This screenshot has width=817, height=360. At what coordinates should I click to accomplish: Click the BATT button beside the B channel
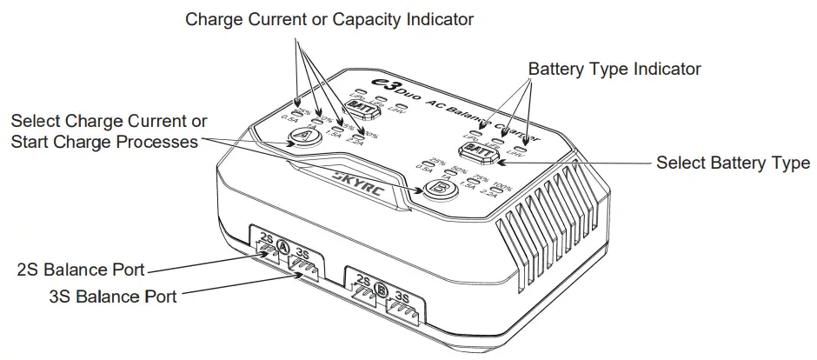[x=479, y=149]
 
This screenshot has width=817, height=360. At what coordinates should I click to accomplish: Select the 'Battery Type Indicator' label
[x=614, y=69]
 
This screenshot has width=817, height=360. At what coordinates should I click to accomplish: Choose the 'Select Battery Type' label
[x=732, y=163]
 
